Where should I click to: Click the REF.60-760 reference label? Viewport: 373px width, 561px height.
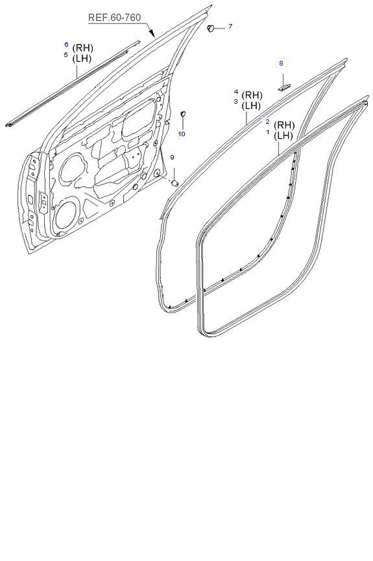click(x=114, y=18)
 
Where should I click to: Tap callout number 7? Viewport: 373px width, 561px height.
click(x=230, y=26)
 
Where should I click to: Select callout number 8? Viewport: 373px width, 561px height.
click(x=281, y=64)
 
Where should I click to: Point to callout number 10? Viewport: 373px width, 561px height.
click(x=182, y=134)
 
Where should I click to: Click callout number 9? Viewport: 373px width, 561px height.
click(x=172, y=158)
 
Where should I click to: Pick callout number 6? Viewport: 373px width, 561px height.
click(x=66, y=44)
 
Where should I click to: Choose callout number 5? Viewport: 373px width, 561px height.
click(x=66, y=54)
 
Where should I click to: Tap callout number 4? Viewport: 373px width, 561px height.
click(x=236, y=92)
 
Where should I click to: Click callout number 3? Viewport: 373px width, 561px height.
click(x=235, y=102)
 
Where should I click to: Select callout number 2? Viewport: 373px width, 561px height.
click(x=267, y=122)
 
